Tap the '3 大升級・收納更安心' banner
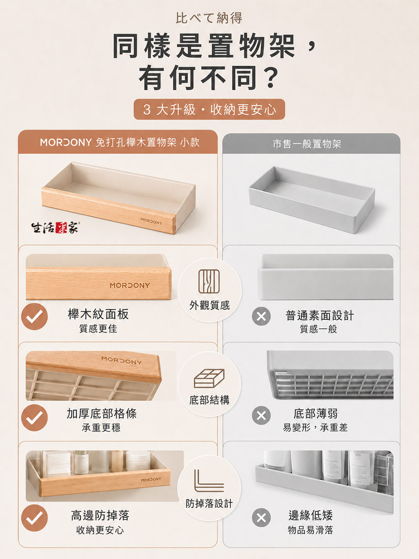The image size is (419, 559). [209, 109]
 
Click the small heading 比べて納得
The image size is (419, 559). [209, 18]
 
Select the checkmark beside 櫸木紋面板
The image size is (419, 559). [34, 317]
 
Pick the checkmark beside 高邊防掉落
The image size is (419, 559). [34, 518]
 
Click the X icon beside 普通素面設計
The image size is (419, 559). [261, 317]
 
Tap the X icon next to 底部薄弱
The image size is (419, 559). [261, 416]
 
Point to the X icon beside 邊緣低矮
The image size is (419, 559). [261, 517]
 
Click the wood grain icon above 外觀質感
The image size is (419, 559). [209, 281]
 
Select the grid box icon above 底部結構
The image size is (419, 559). [209, 378]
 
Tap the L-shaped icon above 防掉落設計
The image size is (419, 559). [209, 481]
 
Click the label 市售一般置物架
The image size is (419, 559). [307, 144]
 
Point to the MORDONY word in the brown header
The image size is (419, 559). [66, 142]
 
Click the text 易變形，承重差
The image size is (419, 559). [315, 428]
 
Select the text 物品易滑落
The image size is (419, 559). [310, 530]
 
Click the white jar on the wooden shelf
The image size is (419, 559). [138, 461]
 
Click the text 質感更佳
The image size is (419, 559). [98, 328]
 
